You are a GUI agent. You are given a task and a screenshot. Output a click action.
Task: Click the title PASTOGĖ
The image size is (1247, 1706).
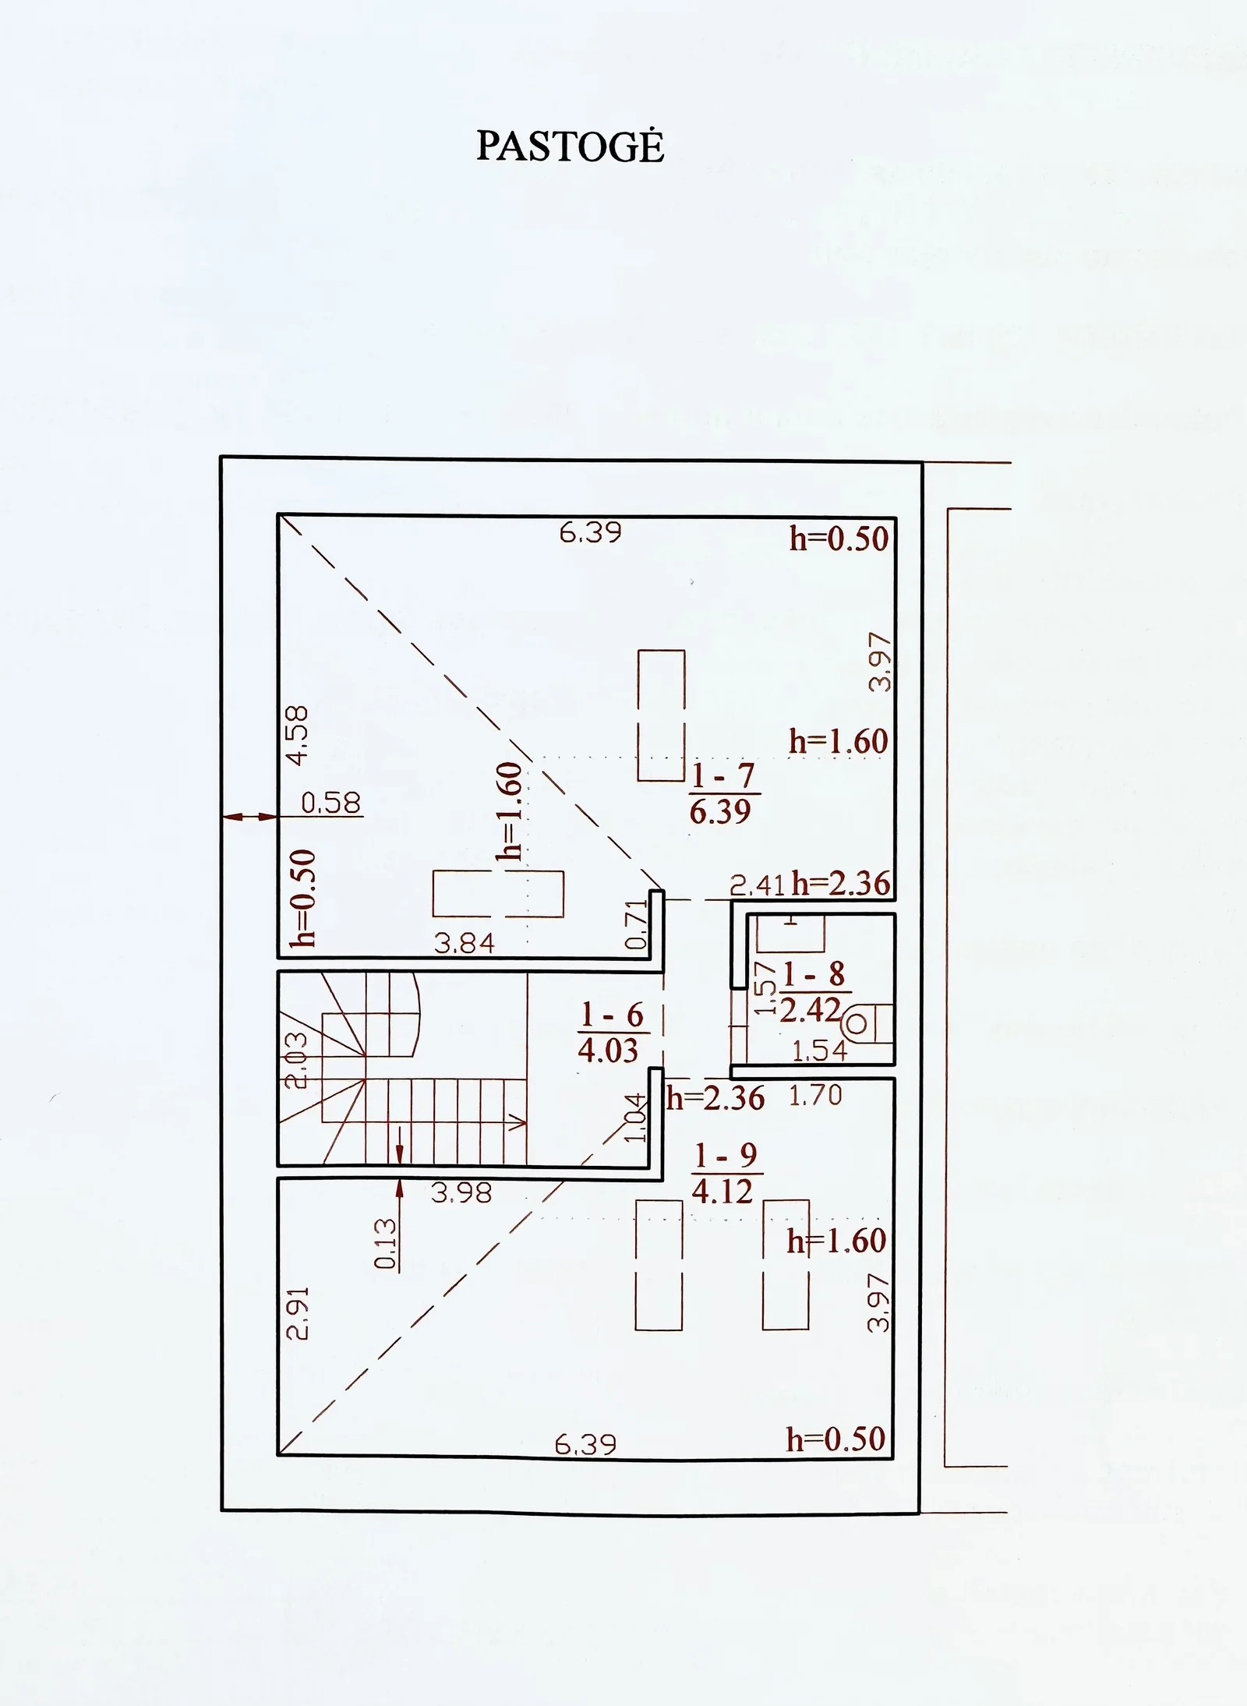(x=570, y=146)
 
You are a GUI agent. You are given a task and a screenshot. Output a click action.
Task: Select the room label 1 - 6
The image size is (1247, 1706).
(x=613, y=1015)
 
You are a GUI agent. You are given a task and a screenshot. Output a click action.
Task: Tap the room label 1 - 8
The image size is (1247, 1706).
(x=813, y=974)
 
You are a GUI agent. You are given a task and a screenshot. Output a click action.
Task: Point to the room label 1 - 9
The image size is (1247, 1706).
(x=726, y=1156)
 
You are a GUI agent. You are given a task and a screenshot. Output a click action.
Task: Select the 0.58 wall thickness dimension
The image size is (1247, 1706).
(x=331, y=803)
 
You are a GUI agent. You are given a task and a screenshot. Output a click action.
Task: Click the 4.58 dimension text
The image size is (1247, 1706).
(x=298, y=735)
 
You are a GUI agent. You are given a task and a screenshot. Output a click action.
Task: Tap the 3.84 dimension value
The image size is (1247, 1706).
(x=465, y=944)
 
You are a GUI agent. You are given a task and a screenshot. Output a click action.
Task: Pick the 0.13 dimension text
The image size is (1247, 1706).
(x=386, y=1244)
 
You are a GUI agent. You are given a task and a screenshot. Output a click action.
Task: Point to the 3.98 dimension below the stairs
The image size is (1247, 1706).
(x=461, y=1193)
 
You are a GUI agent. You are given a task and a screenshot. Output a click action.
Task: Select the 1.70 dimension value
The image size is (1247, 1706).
(x=815, y=1096)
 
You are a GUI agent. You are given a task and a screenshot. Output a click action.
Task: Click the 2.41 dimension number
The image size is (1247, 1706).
(x=758, y=885)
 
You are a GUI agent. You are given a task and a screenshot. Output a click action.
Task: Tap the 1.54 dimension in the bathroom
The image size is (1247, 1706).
(x=819, y=1051)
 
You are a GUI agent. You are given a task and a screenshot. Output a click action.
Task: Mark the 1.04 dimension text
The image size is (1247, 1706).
(x=637, y=1118)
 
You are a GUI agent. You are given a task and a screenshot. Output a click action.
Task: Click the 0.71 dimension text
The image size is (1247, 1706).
(x=637, y=924)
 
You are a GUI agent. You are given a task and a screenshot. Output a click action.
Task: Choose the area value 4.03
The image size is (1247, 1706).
(x=608, y=1051)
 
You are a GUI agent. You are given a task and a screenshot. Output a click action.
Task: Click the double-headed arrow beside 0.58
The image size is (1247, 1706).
(x=249, y=817)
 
